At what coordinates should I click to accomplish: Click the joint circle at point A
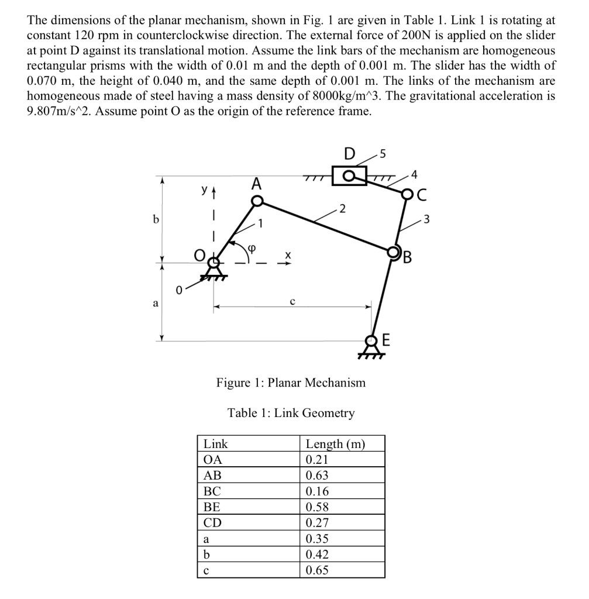(x=257, y=201)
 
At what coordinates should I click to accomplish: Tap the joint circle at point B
(x=393, y=253)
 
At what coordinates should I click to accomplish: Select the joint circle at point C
(x=407, y=193)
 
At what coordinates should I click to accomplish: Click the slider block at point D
(x=349, y=175)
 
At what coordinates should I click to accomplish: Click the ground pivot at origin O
(x=214, y=261)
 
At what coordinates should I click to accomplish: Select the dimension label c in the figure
(x=292, y=299)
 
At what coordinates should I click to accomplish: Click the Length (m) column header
(x=335, y=444)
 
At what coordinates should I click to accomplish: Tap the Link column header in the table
(x=215, y=444)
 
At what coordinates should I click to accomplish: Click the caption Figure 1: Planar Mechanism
(x=291, y=383)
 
